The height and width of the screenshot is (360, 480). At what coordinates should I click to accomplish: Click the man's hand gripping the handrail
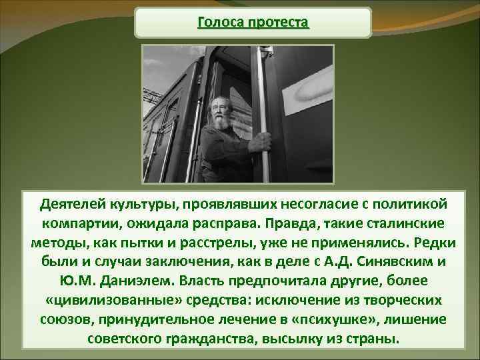tap(263, 141)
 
